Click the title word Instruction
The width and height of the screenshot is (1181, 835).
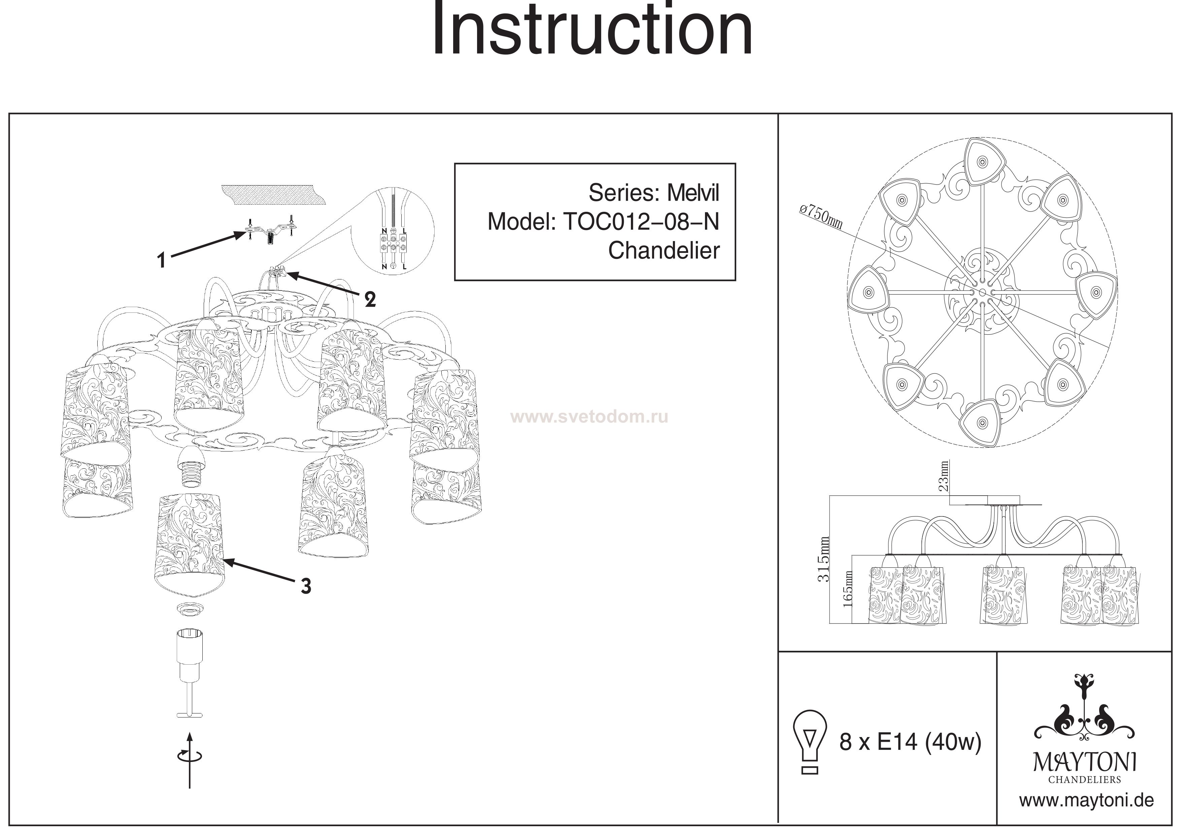click(592, 30)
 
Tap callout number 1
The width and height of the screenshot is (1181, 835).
click(162, 260)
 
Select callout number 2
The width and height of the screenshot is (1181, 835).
click(370, 299)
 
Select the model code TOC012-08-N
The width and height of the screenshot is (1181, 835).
click(641, 222)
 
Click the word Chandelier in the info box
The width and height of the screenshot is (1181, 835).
click(664, 250)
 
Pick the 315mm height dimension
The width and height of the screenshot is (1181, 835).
click(823, 559)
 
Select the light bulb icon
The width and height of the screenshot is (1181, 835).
click(810, 742)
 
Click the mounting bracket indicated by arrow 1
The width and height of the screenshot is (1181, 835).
click(270, 232)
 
